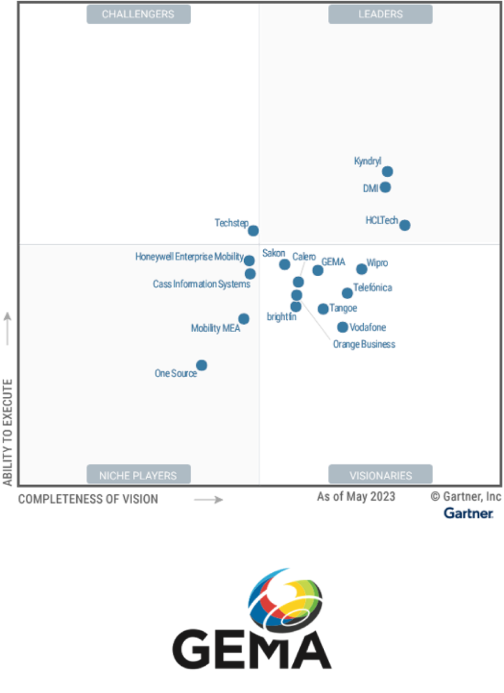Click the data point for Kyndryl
[x=387, y=172]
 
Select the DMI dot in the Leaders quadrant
[x=385, y=187]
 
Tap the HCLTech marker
[x=405, y=225]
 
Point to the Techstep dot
[x=253, y=230]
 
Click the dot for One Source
[x=201, y=365]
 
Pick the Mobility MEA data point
[x=244, y=319]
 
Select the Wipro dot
[x=361, y=269]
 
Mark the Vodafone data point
[x=342, y=327]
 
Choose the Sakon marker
[x=285, y=264]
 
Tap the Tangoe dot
[x=323, y=309]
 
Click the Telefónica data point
[x=347, y=293]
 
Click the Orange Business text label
[x=364, y=344]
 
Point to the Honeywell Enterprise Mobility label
[x=189, y=256]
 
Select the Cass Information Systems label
[x=201, y=284]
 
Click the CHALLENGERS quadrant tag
[x=139, y=14]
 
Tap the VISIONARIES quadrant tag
[x=380, y=475]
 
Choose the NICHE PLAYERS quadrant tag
[x=139, y=475]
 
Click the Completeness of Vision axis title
[x=88, y=499]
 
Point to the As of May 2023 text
[x=356, y=496]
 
